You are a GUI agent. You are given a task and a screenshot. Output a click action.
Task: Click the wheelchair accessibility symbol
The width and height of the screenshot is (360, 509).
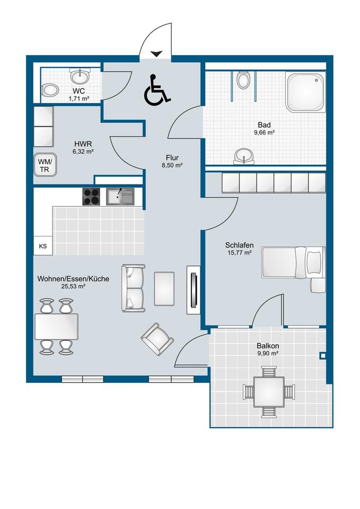(156, 90)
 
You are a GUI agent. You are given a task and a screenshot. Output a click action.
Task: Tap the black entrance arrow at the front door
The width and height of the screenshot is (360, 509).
(156, 54)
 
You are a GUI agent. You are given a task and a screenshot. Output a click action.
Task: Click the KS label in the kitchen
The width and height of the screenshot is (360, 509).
(43, 246)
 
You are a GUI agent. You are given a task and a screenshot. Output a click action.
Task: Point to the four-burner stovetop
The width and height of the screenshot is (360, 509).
(91, 197)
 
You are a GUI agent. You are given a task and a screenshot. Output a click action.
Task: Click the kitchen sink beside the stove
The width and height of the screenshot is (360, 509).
(120, 197)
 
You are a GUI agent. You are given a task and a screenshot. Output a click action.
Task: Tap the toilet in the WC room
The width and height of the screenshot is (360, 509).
(50, 90)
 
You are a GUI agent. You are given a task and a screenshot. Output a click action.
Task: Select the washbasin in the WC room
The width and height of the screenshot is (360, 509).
(80, 76)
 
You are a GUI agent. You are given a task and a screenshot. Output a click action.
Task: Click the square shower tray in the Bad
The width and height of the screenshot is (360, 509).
(305, 92)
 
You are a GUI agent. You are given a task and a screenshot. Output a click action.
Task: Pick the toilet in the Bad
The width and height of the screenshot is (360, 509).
(243, 80)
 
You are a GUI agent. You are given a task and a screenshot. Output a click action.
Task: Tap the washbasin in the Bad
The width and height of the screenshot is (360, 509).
(243, 155)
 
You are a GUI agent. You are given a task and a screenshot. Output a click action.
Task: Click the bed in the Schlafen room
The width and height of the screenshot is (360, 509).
(293, 262)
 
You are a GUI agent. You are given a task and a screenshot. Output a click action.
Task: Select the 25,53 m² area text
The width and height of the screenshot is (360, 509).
(73, 286)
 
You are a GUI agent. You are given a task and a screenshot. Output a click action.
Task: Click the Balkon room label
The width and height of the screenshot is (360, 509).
(268, 346)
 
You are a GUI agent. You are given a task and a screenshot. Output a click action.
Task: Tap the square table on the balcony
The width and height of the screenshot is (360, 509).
(269, 392)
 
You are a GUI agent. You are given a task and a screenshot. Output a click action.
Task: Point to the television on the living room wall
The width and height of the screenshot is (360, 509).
(194, 290)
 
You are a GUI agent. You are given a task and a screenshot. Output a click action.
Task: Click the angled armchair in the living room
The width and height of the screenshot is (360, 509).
(157, 339)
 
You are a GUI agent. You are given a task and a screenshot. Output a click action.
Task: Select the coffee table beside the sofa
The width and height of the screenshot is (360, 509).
(164, 288)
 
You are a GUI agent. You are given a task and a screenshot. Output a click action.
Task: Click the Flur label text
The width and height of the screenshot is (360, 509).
(172, 158)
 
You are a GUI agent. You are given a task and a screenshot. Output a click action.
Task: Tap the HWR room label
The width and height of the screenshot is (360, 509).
(83, 144)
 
